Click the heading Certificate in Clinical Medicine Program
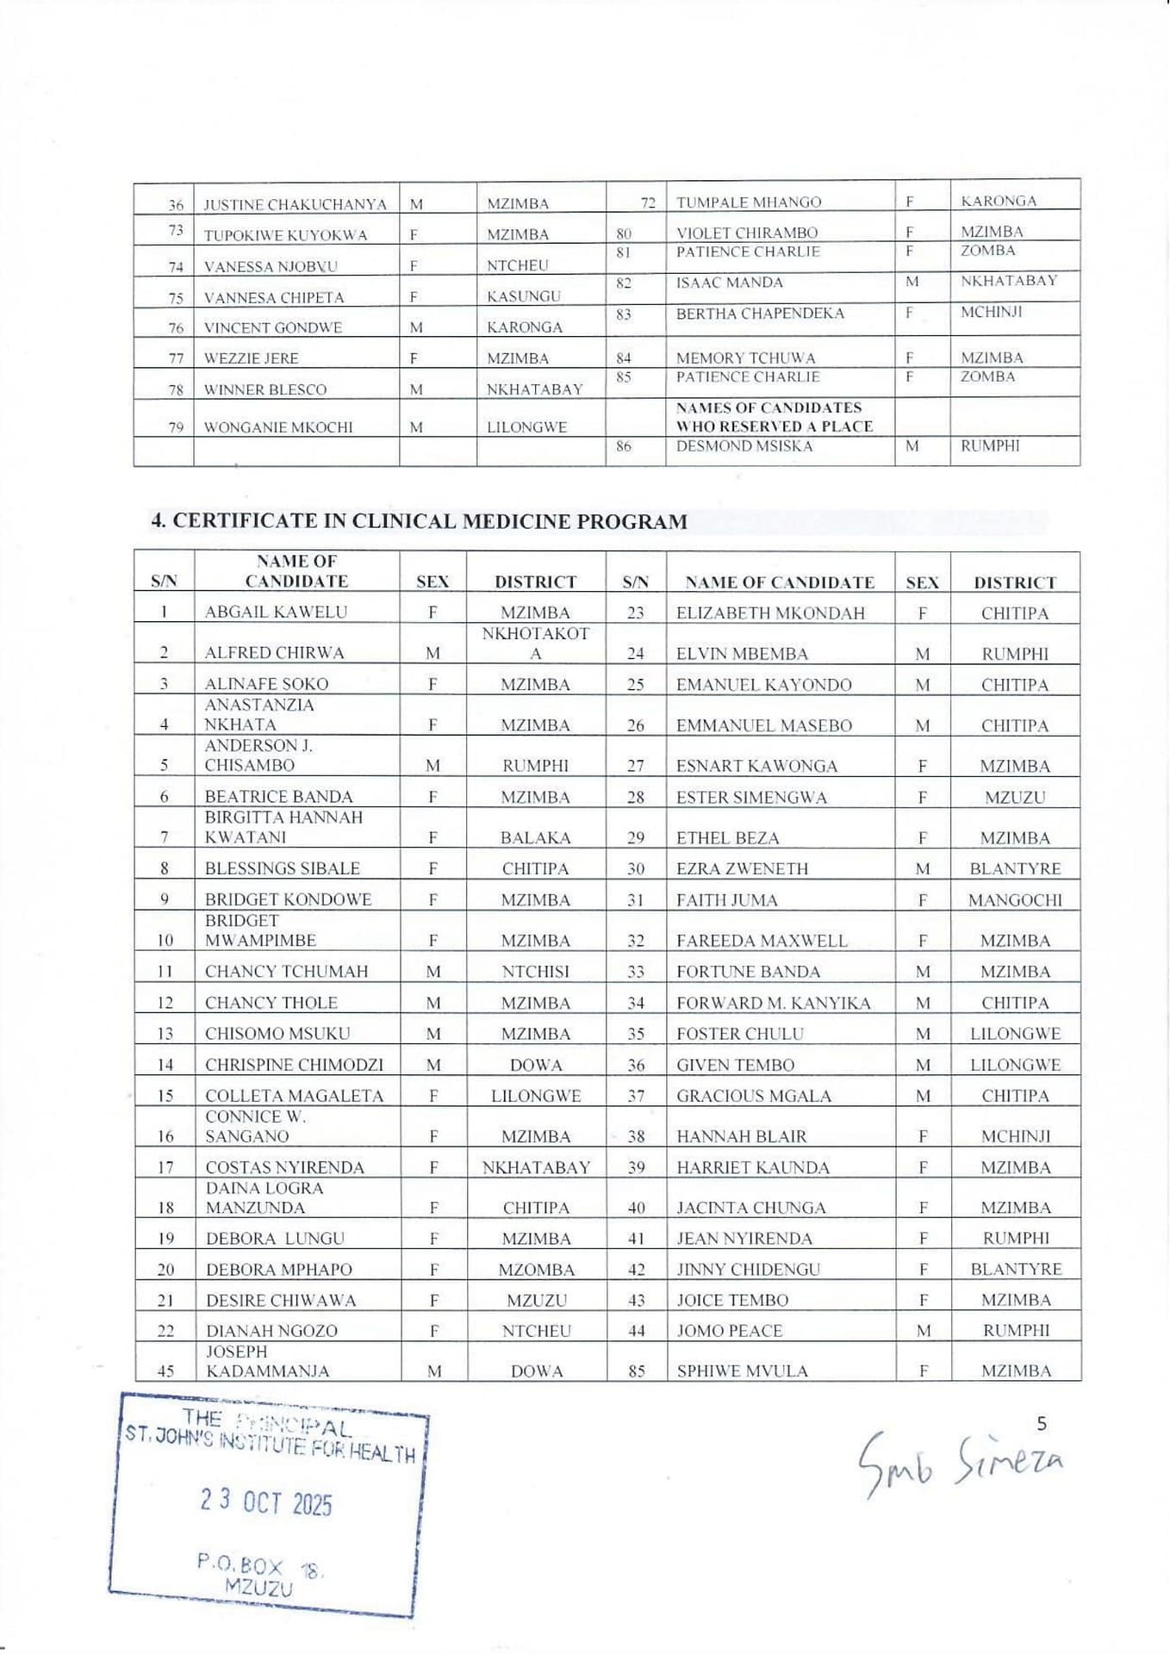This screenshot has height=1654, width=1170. click(419, 521)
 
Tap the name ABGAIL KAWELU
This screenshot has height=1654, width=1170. click(276, 612)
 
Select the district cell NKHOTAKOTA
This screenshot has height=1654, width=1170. click(535, 644)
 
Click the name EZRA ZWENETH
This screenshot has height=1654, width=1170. click(742, 868)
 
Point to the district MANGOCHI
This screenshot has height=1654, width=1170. click(1014, 900)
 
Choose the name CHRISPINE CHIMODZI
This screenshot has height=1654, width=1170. click(294, 1065)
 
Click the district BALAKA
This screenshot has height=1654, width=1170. click(535, 837)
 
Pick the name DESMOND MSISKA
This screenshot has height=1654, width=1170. click(744, 446)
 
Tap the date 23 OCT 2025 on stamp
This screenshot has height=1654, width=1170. click(266, 1502)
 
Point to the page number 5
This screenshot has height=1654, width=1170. click(1041, 1423)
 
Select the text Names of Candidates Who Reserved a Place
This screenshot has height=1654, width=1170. click(774, 417)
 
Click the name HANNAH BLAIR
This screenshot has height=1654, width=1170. click(741, 1136)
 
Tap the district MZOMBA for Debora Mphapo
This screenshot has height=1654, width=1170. click(536, 1270)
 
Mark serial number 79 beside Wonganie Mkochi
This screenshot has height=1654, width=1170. click(176, 427)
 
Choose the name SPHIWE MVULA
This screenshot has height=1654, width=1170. click(742, 1371)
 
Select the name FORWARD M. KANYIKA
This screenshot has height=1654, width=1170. click(773, 1003)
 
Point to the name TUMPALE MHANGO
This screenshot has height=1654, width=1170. click(748, 202)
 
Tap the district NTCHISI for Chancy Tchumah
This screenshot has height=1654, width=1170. click(535, 972)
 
